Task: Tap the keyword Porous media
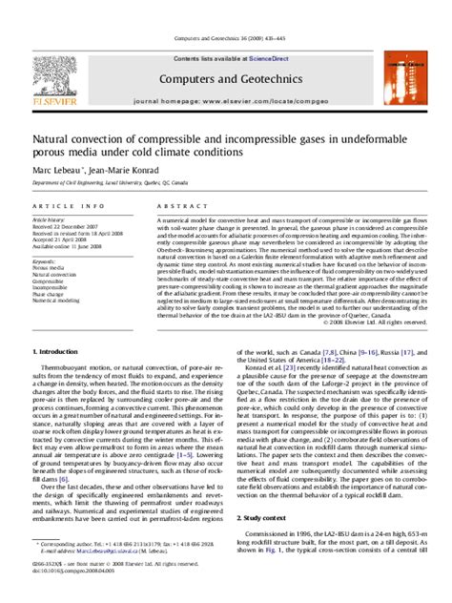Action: click(47, 266)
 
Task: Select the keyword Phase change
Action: click(47, 295)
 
